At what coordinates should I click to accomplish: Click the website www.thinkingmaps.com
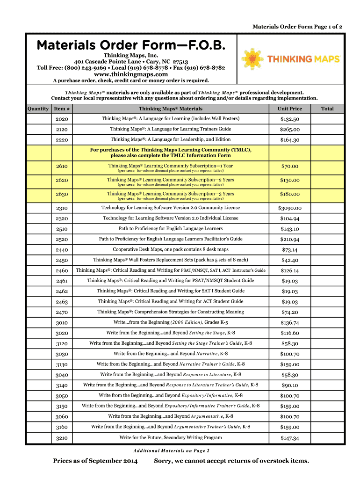[x=131, y=74]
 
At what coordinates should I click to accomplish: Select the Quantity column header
[x=38, y=109]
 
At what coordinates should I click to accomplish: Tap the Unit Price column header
[x=290, y=109]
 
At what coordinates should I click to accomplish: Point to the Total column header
[x=327, y=109]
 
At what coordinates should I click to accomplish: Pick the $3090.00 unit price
[x=290, y=208]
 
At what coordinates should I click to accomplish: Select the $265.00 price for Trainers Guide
[x=290, y=130]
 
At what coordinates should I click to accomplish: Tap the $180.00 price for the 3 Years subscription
[x=290, y=194]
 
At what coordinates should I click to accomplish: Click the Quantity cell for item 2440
[x=38, y=250]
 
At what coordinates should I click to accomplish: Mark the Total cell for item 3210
[x=327, y=438]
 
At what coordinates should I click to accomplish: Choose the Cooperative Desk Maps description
[x=171, y=249]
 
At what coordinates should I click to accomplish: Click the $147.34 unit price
[x=290, y=438]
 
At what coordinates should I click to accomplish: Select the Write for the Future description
[x=171, y=438]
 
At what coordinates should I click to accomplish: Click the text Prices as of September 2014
[x=95, y=461]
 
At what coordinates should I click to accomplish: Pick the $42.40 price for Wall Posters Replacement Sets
[x=290, y=260]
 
